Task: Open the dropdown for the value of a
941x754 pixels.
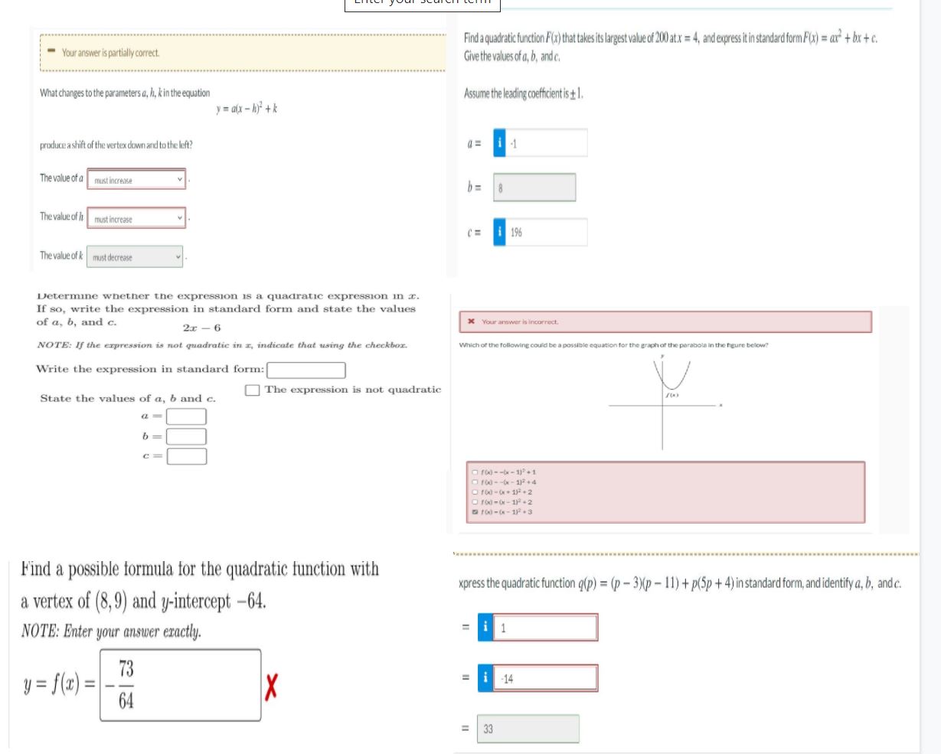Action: click(137, 181)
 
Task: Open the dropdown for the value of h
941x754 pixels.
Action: click(137, 220)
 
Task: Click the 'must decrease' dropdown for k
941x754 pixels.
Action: click(136, 257)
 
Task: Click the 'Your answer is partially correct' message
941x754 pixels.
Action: click(111, 53)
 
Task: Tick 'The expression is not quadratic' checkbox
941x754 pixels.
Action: click(253, 390)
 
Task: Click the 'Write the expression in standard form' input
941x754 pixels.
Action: click(305, 370)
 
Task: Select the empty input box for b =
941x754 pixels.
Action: click(187, 436)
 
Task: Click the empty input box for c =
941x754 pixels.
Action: click(187, 456)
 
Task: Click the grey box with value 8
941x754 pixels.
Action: click(534, 188)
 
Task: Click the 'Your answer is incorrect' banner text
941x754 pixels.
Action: click(520, 322)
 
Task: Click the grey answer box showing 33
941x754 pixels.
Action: click(528, 730)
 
